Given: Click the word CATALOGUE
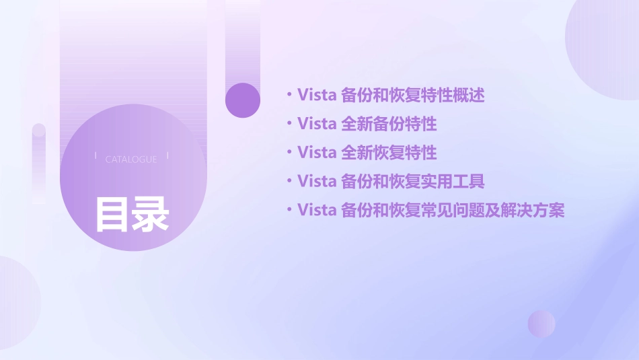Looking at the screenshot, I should pos(131,159).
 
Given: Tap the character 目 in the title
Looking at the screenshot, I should pos(112,214).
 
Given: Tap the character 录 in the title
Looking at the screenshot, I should pos(150,214).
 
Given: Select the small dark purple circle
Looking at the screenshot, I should pos(243,100).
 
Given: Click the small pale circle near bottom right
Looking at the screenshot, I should pos(541,324).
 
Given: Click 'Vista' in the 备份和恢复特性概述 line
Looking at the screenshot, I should pos(316,96).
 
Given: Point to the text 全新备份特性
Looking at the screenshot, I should pos(389,124).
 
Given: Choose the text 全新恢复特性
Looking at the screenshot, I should pos(389,153).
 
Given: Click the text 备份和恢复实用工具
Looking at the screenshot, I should pos(413,182).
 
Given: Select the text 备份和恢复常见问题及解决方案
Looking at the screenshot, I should pos(453,211).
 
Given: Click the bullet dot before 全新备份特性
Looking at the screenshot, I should pos(289,124).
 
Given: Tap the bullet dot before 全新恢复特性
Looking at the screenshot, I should pos(289,153).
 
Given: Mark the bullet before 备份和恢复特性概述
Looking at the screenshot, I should pos(289,96).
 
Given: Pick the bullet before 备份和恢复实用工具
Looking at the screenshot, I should pos(289,182).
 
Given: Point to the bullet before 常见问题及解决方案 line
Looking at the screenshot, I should pos(289,211).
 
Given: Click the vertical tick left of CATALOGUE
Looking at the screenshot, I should pos(96,156).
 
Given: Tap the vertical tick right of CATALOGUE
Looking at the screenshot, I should pos(167,156).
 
